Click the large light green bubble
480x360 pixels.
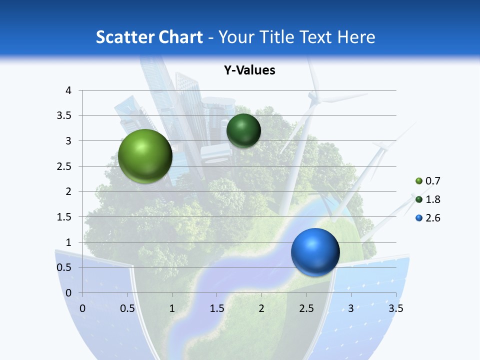(145, 156)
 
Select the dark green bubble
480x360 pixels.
(243, 130)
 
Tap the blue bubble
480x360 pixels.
(315, 252)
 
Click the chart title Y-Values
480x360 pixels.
(249, 70)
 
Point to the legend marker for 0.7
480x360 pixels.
(419, 181)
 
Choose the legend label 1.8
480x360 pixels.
(432, 199)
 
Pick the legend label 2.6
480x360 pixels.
(432, 218)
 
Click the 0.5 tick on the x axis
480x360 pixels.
(127, 308)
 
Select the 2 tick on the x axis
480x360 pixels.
(261, 308)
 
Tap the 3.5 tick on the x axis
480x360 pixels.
(395, 308)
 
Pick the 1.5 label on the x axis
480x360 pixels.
(217, 308)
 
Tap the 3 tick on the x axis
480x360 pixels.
(351, 308)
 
